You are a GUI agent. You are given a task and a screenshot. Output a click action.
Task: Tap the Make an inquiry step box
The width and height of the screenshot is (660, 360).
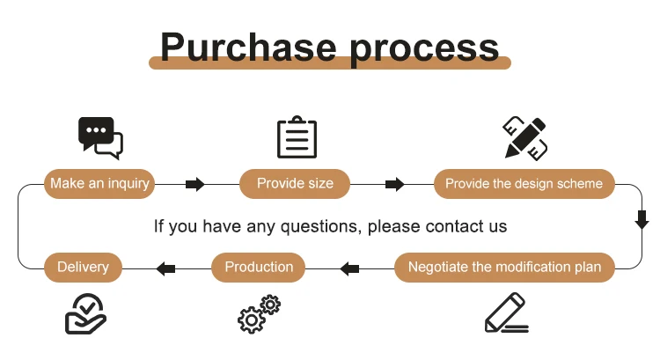point(99,184)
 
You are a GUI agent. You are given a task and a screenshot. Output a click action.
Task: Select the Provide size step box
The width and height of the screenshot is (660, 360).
point(295,184)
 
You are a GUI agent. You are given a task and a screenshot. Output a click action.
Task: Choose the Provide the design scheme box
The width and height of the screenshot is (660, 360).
point(524,184)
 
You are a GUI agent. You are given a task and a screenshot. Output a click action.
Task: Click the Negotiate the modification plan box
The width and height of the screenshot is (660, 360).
point(504,268)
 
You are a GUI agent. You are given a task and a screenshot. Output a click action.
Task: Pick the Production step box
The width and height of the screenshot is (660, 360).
point(259,268)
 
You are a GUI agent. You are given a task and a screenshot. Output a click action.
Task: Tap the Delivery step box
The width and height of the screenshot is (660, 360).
point(83,268)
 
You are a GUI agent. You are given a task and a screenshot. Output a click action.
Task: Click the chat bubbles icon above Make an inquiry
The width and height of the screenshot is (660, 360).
point(100,136)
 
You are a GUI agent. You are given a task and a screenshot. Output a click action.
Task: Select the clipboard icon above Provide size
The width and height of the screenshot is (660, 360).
point(297,137)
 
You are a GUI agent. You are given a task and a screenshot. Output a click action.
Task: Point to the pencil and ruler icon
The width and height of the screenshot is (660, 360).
point(525,137)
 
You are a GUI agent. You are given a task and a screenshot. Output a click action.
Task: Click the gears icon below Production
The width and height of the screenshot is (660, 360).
point(259,314)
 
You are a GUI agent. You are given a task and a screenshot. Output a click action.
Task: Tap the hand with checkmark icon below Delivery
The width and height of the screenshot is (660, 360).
point(85,314)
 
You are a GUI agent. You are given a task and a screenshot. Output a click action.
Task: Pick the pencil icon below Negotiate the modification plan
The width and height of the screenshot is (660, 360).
point(507,314)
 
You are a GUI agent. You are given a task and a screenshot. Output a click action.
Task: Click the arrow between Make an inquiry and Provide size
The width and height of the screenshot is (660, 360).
point(195,184)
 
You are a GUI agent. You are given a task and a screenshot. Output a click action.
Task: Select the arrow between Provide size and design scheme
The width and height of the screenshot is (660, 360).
point(395,184)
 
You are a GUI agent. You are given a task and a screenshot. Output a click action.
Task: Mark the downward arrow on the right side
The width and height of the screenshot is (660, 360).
point(642,219)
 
